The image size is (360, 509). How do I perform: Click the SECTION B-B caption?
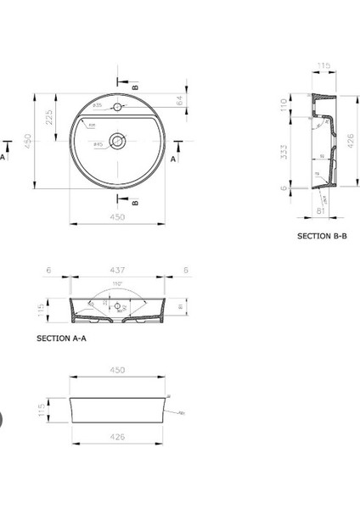point(322,236)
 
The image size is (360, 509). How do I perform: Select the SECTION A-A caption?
point(62,337)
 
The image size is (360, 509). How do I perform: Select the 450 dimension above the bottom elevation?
point(118,370)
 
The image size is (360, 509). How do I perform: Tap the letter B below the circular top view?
point(136,202)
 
